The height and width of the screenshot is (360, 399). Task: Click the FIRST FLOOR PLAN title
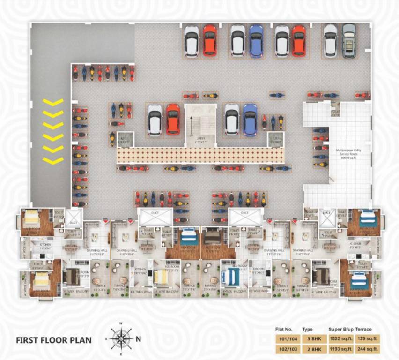53,340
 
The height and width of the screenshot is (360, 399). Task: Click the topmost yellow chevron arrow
53,102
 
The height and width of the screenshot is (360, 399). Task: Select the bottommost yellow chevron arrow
53,160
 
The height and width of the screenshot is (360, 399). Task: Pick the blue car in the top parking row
256,40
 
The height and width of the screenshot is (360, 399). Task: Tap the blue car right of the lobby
250,119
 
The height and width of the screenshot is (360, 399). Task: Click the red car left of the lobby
173,119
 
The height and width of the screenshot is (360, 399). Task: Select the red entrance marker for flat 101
295,219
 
